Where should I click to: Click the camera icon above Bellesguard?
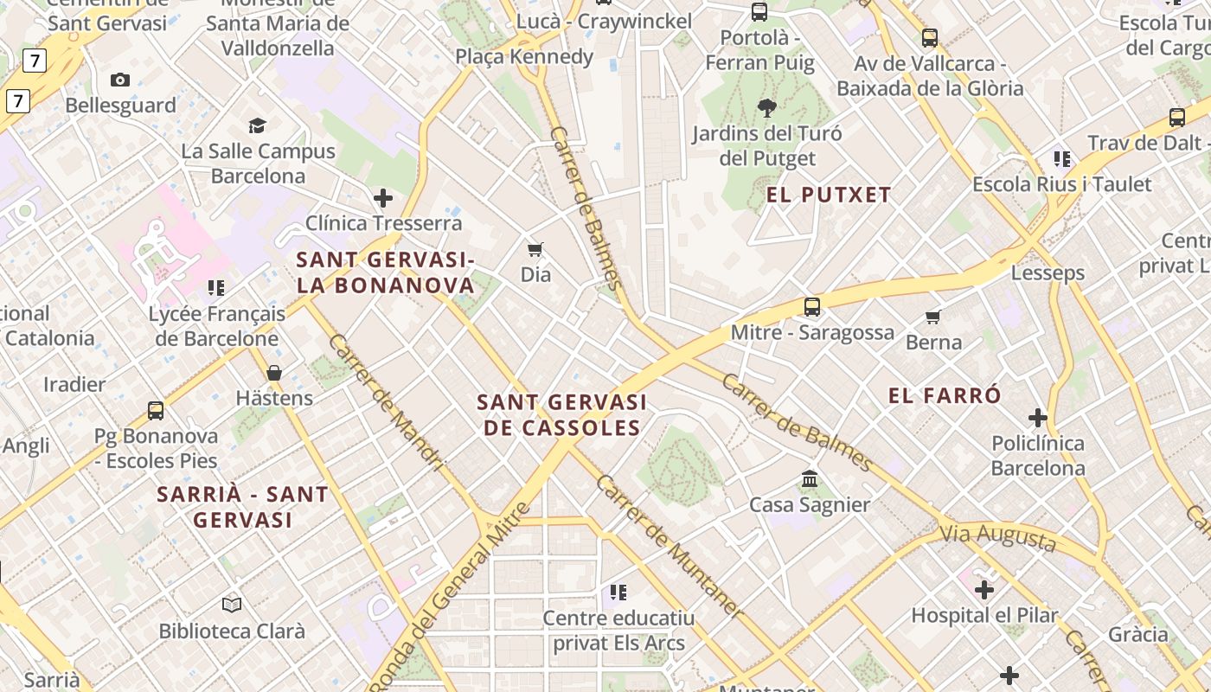pyautogui.click(x=120, y=80)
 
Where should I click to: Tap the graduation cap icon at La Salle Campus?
pyautogui.click(x=257, y=126)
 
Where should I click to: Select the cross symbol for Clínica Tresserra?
pyautogui.click(x=383, y=198)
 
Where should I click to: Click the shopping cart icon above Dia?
pyautogui.click(x=535, y=249)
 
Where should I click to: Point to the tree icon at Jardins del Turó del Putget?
pyautogui.click(x=766, y=108)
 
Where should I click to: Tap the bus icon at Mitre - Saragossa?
pyautogui.click(x=811, y=306)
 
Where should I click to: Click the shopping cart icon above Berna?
pyautogui.click(x=932, y=317)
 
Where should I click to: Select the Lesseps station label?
pyautogui.click(x=1048, y=273)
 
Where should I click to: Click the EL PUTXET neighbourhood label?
pyautogui.click(x=828, y=195)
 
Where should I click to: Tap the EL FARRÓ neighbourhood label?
pyautogui.click(x=945, y=395)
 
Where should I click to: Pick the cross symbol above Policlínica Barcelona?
pyautogui.click(x=1038, y=418)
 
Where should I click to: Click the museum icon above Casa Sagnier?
pyautogui.click(x=810, y=478)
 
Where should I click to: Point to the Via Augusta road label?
pyautogui.click(x=998, y=538)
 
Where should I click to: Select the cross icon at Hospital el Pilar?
pyautogui.click(x=984, y=590)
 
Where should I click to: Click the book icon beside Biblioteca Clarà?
pyautogui.click(x=232, y=605)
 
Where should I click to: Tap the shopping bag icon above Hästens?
pyautogui.click(x=274, y=373)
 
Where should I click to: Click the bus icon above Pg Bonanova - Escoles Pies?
pyautogui.click(x=156, y=410)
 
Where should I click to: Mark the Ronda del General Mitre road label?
pyautogui.click(x=450, y=597)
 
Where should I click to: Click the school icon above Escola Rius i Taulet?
pyautogui.click(x=1062, y=158)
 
